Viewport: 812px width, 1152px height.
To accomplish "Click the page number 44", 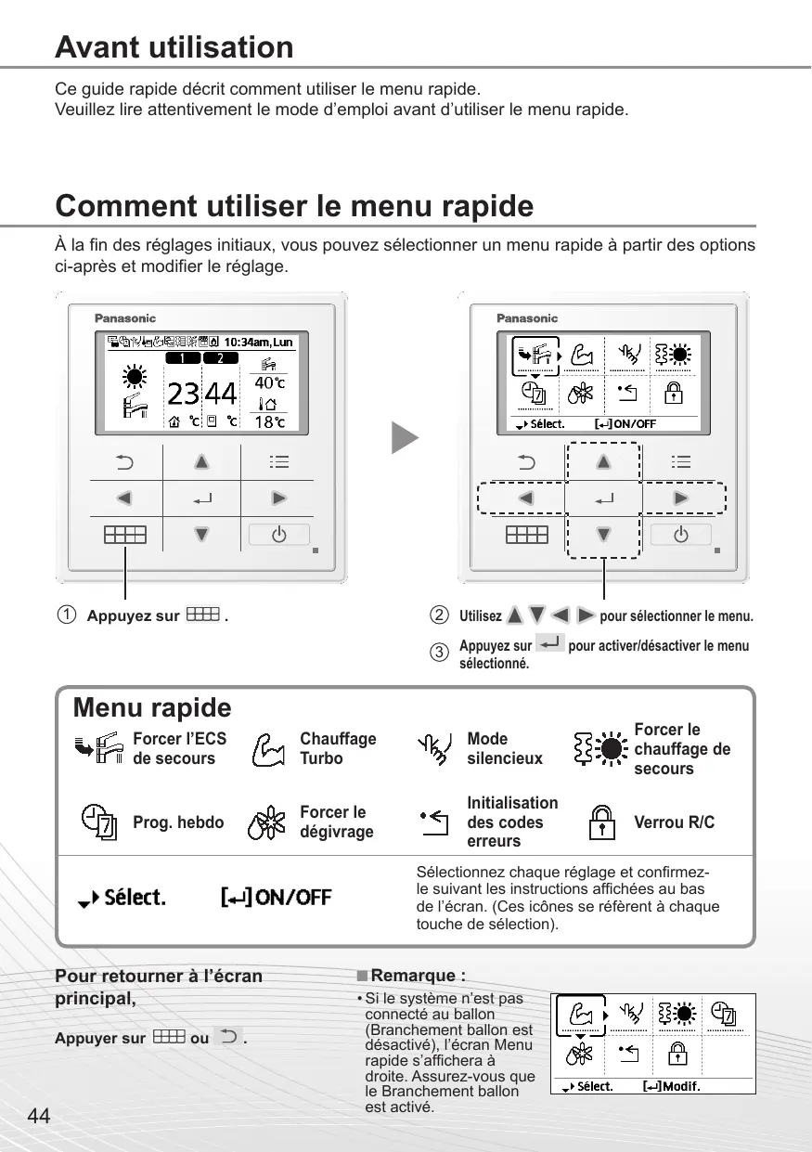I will [x=39, y=1116].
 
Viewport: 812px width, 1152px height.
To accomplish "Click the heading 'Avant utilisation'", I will [x=174, y=47].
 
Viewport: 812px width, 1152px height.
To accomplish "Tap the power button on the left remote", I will [x=278, y=535].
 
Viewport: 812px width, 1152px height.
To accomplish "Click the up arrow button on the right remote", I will [x=603, y=461].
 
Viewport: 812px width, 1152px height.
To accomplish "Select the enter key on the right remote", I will [x=603, y=498].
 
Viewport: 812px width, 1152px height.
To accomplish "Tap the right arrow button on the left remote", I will [x=278, y=498].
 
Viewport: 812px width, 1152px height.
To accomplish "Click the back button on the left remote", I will [x=123, y=461].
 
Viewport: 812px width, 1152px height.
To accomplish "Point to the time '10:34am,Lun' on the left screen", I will [x=258, y=342].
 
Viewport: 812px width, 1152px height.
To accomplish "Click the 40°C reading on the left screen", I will [x=269, y=382].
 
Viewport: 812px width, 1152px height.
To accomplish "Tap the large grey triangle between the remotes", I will [x=405, y=438].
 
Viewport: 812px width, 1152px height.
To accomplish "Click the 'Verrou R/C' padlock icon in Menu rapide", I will [x=604, y=822].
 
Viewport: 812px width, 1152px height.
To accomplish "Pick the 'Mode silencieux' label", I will [x=505, y=748].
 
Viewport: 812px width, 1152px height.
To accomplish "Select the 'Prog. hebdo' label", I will [x=178, y=822].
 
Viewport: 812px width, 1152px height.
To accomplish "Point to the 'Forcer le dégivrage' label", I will [x=336, y=822].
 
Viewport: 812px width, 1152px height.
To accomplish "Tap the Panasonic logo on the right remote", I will [x=527, y=318].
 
